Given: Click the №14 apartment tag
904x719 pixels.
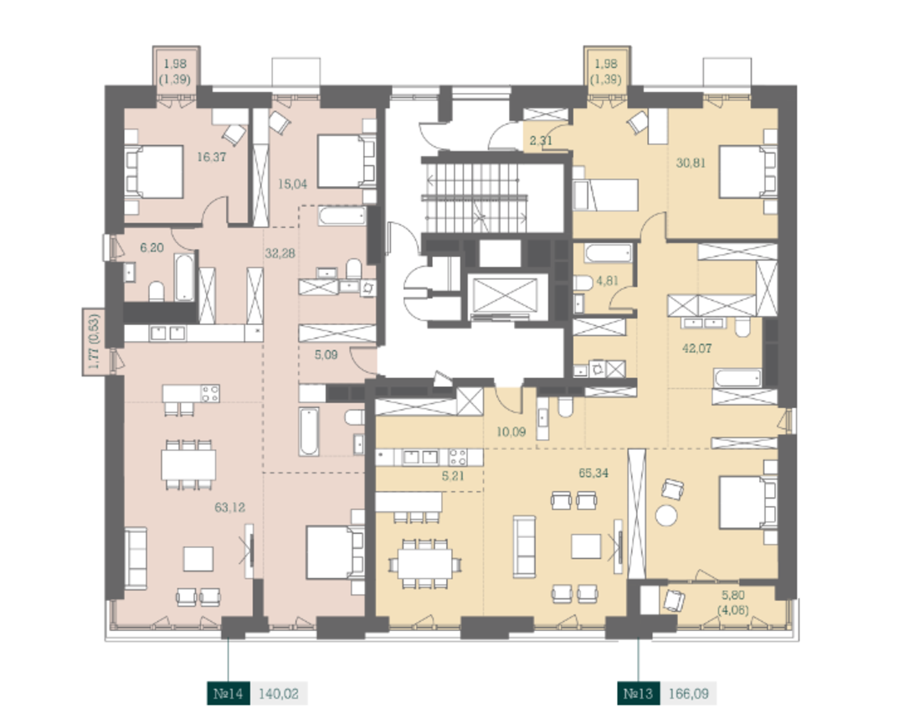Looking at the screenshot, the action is coord(229,693).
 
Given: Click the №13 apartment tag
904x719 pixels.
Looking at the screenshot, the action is coord(638,693).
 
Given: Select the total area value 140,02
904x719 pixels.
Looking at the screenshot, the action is coord(279,693).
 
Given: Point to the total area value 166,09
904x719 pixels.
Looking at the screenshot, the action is coord(688,693).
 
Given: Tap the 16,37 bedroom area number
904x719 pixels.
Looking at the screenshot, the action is coord(211,157).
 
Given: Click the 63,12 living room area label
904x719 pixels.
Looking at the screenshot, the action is coord(229,508).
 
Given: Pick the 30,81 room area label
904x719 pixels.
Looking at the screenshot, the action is coord(691,163).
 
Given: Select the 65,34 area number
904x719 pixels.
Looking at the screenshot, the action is coord(593,473).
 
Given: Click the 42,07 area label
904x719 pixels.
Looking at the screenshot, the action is coord(696,349).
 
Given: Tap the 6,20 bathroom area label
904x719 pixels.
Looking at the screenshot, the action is coord(152,247).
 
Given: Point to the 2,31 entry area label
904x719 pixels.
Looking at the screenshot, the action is coord(541,140).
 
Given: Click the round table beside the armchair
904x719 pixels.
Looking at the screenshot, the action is coord(666,515).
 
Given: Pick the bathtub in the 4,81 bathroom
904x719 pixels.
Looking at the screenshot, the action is coord(609,253).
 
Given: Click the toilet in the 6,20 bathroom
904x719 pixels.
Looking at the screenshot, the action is coord(156,292).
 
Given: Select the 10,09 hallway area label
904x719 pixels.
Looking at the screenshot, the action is coord(511,432).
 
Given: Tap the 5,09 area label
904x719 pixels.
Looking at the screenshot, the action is coord(326,354).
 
